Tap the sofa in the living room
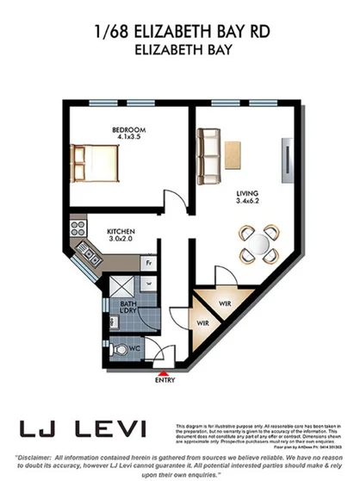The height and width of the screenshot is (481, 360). coord(207,156)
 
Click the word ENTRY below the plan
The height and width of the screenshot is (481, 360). coord(165,379)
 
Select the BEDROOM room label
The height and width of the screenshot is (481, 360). coord(127,130)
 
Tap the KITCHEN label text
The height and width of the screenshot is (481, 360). coord(120,232)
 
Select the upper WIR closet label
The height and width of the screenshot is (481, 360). coord(224,303)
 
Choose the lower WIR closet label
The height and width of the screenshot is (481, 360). coord(203,323)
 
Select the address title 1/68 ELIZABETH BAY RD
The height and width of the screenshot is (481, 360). coord(180,33)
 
